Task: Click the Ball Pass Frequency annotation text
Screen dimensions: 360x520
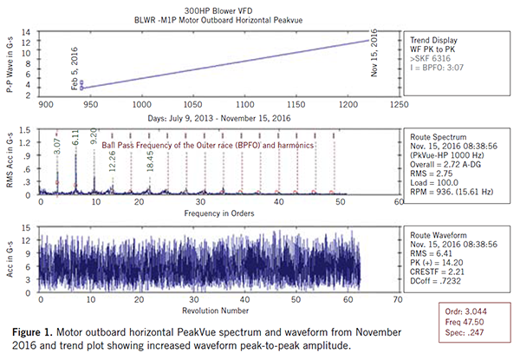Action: (x=207, y=146)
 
